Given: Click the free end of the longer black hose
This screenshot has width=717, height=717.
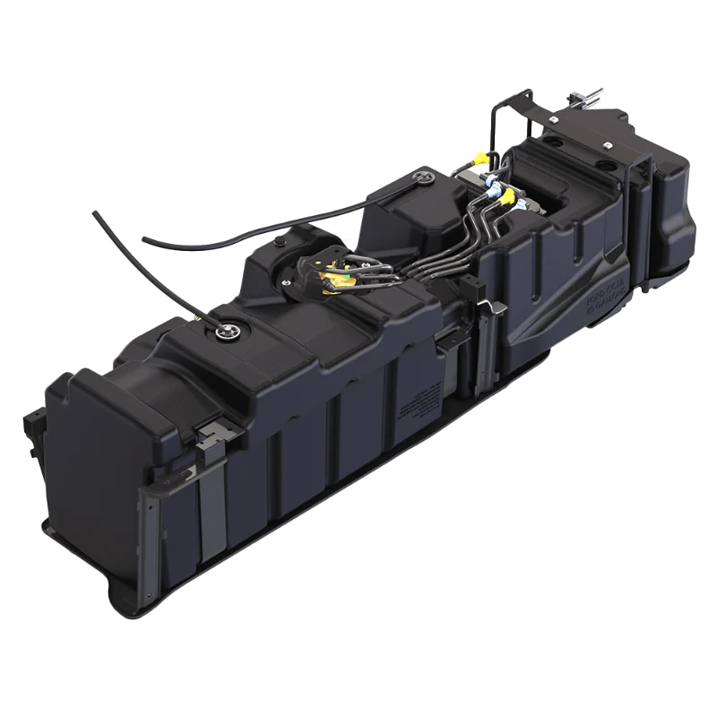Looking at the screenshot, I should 95,214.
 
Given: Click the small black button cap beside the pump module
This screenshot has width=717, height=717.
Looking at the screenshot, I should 279,242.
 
